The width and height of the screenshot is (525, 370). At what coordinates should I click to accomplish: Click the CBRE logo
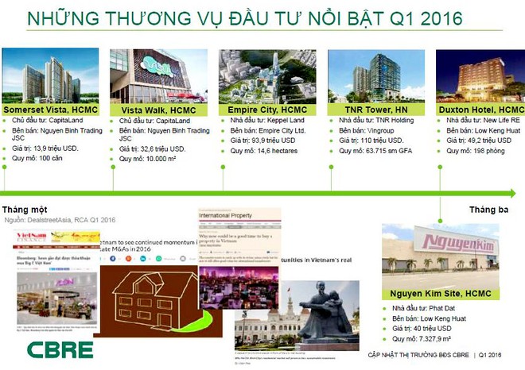coord(60,349)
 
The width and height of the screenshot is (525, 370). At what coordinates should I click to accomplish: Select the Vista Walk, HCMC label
coord(158,110)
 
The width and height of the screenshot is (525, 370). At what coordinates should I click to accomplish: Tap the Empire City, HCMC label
coord(267,110)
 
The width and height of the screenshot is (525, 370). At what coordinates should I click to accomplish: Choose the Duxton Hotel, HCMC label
coord(480,110)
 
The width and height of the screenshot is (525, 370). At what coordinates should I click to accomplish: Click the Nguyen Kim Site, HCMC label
coord(441,294)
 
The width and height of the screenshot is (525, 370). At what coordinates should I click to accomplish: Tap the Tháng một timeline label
coord(27,210)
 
